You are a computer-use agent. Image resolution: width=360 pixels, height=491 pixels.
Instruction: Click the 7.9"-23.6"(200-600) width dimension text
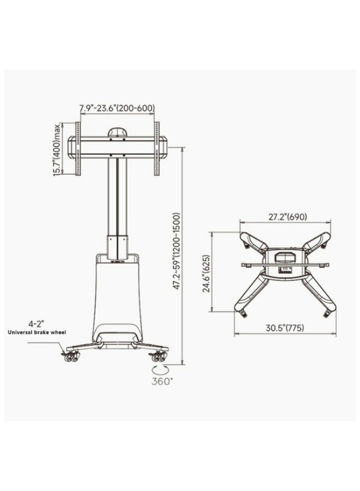(x=117, y=108)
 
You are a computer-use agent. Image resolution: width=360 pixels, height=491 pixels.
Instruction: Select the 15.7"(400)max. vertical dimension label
(x=57, y=149)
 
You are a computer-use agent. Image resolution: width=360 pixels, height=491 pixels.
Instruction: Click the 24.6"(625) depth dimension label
(x=206, y=271)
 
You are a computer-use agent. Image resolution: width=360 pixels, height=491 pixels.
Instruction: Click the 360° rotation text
(x=162, y=381)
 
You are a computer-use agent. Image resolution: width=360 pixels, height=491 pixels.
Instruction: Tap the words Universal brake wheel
(x=37, y=332)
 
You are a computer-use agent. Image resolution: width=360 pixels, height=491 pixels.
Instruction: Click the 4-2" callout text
(x=36, y=323)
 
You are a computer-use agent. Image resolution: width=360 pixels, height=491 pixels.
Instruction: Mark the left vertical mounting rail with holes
(x=78, y=148)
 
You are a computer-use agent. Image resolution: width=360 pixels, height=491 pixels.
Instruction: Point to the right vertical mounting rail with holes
(x=157, y=148)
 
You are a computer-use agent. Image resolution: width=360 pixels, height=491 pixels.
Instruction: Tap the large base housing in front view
(x=117, y=296)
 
